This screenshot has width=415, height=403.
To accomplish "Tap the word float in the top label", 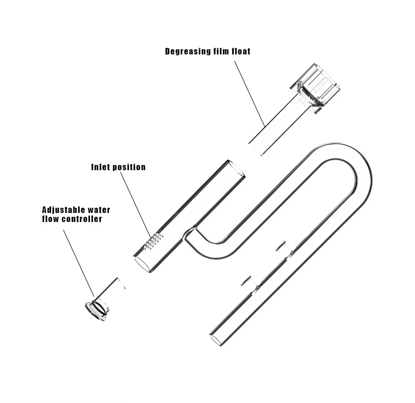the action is point(241,51).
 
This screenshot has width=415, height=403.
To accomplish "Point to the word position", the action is point(129,168).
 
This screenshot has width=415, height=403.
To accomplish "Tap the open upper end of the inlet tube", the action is point(236,169).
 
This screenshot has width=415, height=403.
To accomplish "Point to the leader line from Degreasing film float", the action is point(249,94).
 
